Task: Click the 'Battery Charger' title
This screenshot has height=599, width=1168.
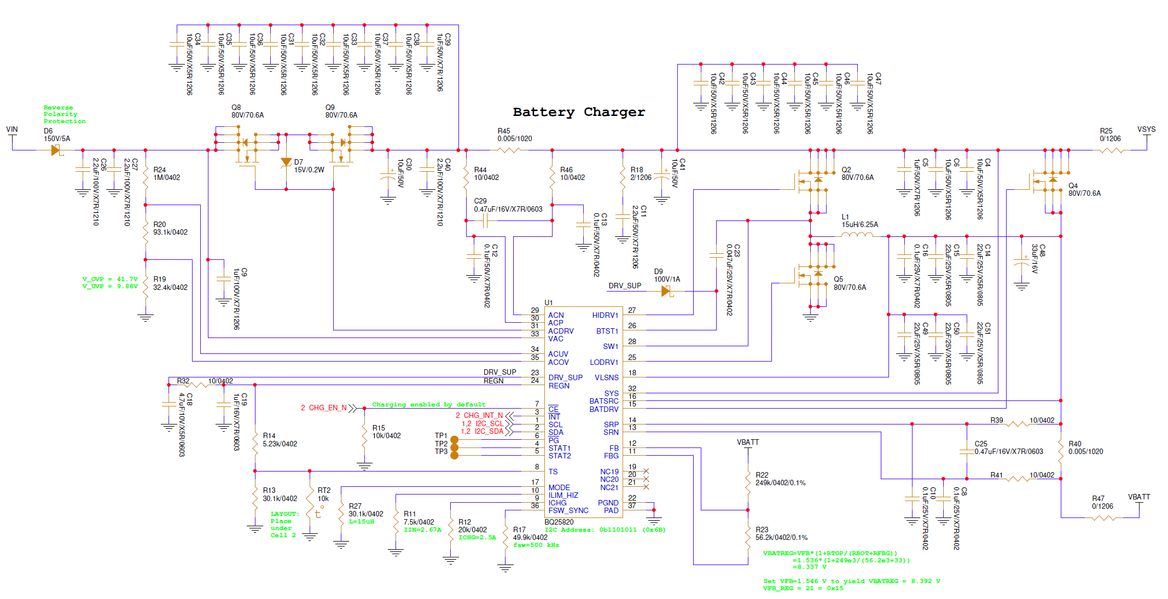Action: click(x=579, y=112)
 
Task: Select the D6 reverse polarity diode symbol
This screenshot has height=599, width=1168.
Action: click(x=56, y=150)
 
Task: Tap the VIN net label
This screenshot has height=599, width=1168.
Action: click(x=12, y=130)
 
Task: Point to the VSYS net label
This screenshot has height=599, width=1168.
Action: click(x=1146, y=130)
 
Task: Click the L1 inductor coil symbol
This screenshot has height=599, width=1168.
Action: click(x=857, y=235)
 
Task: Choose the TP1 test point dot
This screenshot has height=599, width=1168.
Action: click(x=454, y=440)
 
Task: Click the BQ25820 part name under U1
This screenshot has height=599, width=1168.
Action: click(x=559, y=522)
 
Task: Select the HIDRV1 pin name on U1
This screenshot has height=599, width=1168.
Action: click(x=605, y=315)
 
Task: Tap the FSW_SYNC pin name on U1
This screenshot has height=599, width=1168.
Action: click(x=568, y=510)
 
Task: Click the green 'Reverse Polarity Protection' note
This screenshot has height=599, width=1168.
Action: click(x=65, y=114)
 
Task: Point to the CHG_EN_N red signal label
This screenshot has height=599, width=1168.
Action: click(x=328, y=408)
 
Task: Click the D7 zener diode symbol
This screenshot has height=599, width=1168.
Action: click(x=286, y=162)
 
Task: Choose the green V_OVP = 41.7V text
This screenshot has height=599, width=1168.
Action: click(x=110, y=279)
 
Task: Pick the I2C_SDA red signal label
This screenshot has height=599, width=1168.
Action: click(x=489, y=431)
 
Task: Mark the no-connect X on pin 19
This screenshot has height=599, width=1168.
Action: click(x=646, y=471)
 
